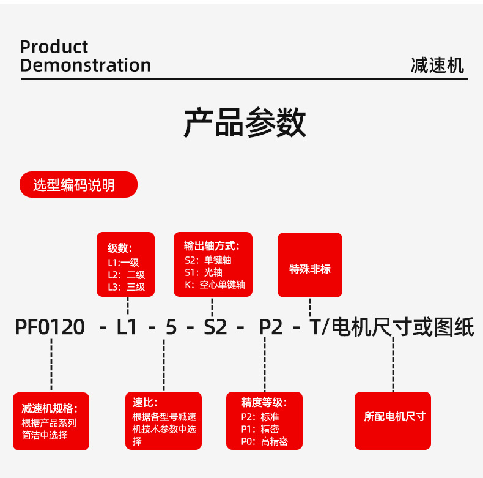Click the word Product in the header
coord(54,47)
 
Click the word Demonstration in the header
coord(85,65)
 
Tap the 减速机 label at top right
coord(437,65)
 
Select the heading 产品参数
coord(245,123)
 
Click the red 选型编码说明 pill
coord(78,185)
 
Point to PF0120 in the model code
coord(50,328)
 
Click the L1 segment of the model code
coord(127,328)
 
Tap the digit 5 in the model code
coord(171,328)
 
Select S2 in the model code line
coord(215,328)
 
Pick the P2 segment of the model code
coord(271,328)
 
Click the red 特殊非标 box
coord(310,269)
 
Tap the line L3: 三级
coord(127,286)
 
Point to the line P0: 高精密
coord(264,441)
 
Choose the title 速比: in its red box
coord(145,403)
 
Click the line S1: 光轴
coord(203,272)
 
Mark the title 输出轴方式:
coord(212,246)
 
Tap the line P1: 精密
coord(260,429)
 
